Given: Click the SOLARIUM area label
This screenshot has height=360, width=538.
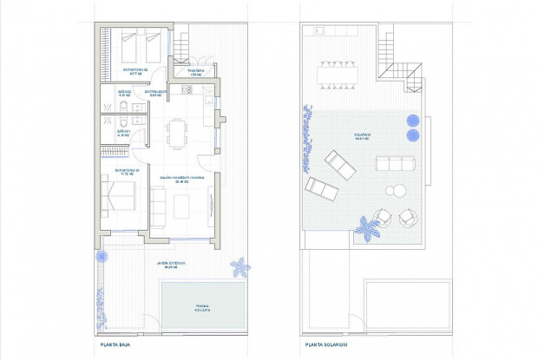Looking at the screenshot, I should (x=362, y=136).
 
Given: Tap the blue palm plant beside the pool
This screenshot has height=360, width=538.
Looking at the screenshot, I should (x=237, y=265).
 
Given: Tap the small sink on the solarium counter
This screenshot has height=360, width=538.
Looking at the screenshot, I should (x=318, y=32).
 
